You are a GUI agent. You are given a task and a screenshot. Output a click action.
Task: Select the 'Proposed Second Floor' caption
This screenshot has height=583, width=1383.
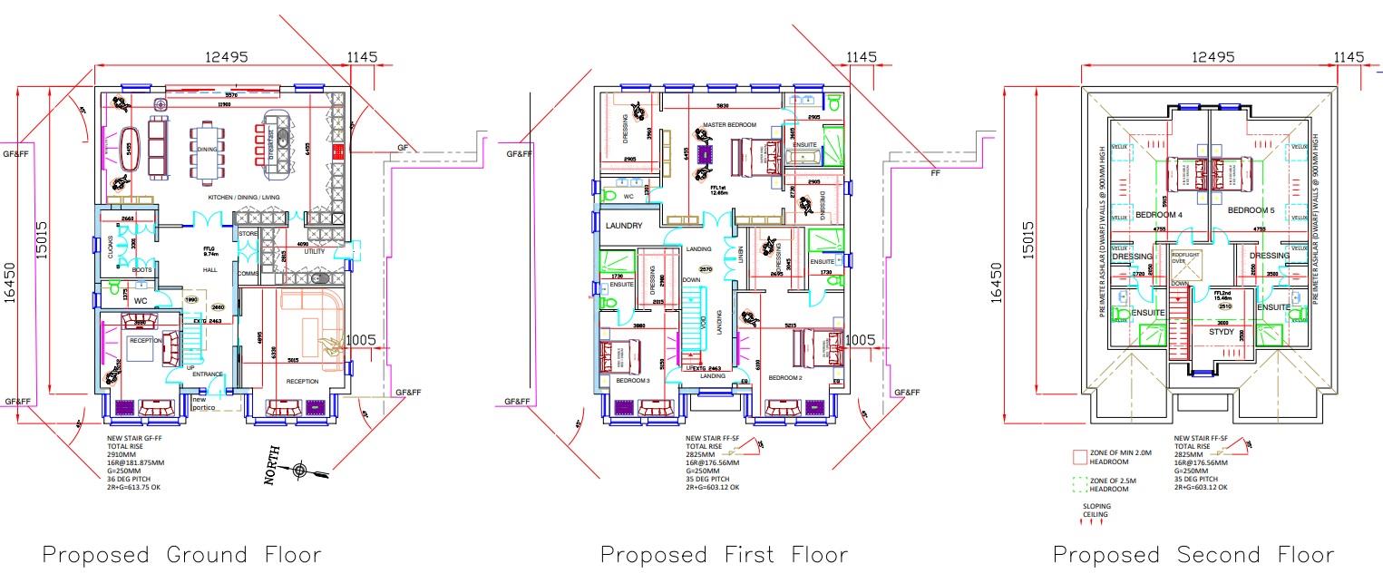coord(1193,554)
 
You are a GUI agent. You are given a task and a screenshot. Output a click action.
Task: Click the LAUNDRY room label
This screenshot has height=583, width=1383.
coord(624,226)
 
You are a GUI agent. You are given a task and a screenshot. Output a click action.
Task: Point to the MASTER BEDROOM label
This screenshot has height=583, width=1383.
coord(729,124)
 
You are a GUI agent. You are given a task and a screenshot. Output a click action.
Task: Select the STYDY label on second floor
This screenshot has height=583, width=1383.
coord(1222,332)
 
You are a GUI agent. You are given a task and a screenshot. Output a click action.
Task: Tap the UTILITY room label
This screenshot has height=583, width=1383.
coord(314,251)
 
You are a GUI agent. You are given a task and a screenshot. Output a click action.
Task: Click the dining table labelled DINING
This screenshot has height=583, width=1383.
coord(209,151)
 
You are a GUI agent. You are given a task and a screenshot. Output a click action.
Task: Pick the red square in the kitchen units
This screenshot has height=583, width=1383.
coord(338,151)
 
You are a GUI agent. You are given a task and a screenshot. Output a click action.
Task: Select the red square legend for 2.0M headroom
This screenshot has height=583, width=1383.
coord(1079,456)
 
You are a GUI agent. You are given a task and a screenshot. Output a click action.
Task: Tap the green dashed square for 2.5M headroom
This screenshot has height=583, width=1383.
coord(1079,484)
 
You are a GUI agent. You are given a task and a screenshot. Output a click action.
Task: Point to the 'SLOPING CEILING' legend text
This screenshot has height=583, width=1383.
coord(1095,510)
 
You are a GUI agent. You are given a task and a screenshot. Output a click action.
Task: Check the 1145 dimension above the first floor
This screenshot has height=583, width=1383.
coord(861,57)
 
